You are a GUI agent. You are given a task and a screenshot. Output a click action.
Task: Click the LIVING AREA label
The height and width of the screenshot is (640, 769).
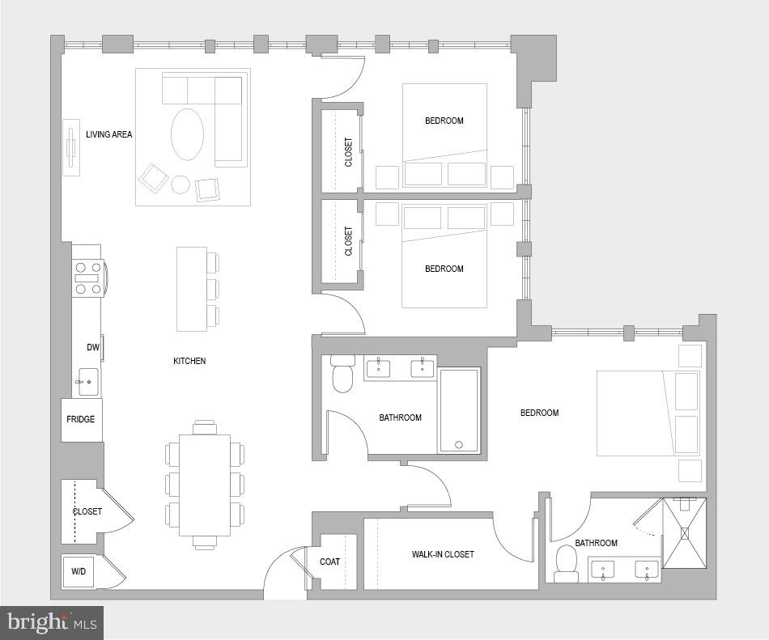(x=108, y=134)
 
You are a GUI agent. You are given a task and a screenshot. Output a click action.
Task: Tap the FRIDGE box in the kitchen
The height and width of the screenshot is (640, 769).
(x=81, y=419)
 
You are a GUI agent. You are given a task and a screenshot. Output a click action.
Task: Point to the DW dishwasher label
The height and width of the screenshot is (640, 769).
(x=93, y=348)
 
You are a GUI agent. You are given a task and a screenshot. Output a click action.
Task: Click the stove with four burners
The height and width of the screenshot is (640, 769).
(x=87, y=278)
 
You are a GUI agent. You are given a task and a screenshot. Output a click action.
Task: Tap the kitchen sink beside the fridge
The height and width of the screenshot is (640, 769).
(x=87, y=381)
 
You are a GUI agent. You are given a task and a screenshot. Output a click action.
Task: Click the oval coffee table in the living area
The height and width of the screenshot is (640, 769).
(x=188, y=134)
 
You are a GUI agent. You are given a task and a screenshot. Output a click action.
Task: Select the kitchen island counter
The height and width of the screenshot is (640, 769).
(x=191, y=289)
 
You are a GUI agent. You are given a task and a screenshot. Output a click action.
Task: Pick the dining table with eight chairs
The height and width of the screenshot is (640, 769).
(x=205, y=485)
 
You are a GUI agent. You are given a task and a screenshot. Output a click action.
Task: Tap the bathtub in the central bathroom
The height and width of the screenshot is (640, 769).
(x=459, y=410)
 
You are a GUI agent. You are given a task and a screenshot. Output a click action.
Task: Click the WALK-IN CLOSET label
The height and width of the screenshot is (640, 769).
(x=443, y=554)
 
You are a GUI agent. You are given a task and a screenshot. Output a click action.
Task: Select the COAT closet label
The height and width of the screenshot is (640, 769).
(x=329, y=562)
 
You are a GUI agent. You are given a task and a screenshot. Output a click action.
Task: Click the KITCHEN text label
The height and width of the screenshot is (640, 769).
(x=189, y=361)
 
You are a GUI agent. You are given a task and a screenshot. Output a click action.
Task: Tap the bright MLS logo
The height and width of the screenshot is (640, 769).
(x=52, y=622)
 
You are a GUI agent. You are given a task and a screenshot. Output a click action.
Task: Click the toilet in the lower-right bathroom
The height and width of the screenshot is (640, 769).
(x=567, y=563)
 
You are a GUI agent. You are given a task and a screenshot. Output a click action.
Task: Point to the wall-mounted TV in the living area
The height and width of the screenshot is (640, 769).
(x=71, y=147)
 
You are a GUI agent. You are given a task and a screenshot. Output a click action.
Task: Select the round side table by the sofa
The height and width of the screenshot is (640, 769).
(x=181, y=185)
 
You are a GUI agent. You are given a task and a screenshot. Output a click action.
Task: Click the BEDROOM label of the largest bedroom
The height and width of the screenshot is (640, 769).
(x=539, y=413)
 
